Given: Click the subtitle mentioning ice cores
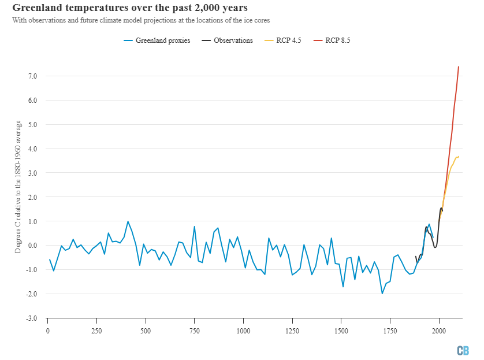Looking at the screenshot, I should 140,20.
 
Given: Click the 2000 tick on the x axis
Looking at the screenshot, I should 439,332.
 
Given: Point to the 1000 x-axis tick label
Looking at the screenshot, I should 243,332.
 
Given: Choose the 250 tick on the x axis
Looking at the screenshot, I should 96,332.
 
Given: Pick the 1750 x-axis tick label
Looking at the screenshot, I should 390,332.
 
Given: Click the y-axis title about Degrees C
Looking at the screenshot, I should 18,187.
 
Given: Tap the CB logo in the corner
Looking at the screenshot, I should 463,350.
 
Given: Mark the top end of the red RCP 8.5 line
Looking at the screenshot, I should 459,67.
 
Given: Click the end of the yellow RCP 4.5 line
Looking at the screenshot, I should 458,156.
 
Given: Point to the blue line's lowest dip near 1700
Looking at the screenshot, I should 382,294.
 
